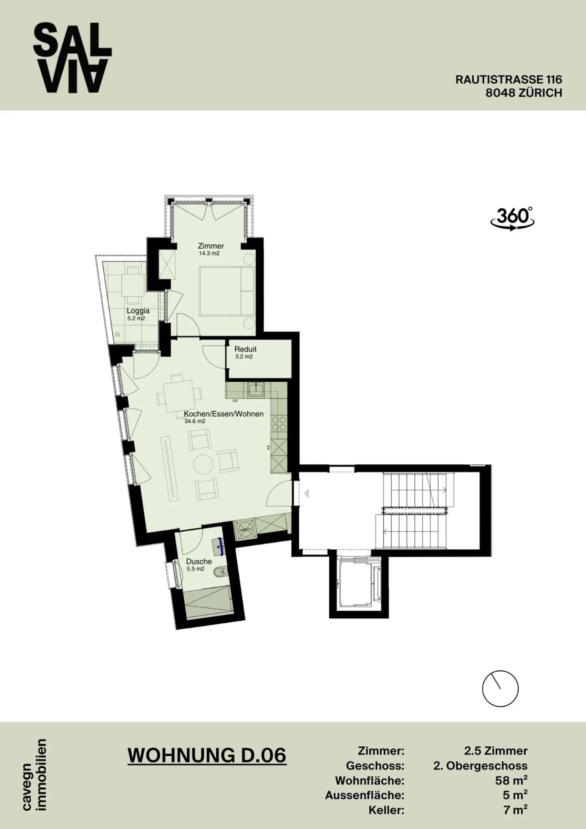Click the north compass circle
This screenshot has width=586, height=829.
(x=500, y=689)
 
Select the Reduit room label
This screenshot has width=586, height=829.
(x=245, y=349)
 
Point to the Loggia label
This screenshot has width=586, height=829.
(x=138, y=311)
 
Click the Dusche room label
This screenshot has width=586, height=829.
(x=199, y=562)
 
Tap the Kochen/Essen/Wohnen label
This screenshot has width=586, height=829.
(x=223, y=414)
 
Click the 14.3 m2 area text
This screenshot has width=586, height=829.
(x=209, y=253)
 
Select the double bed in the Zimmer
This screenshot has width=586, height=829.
(x=227, y=290)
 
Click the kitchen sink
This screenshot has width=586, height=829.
(x=257, y=389)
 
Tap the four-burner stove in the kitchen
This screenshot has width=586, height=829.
(x=279, y=423)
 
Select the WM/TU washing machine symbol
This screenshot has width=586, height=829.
(x=246, y=529)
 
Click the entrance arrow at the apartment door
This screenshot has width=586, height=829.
(x=306, y=494)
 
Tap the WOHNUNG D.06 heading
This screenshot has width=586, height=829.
(x=207, y=755)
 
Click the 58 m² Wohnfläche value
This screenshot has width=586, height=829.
(x=511, y=780)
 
